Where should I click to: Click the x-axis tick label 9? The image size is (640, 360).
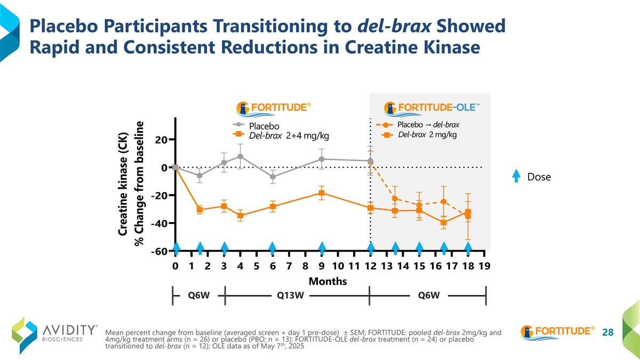point(322,265)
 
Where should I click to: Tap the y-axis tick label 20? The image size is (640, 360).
point(162,140)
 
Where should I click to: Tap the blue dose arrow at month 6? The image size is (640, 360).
point(273,247)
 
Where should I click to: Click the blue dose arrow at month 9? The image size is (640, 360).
point(322,247)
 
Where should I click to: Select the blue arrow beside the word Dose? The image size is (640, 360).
point(516,176)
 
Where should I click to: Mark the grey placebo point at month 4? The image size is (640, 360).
point(241,157)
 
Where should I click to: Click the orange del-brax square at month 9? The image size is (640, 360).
point(322,193)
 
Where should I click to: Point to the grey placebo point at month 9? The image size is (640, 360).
point(322,159)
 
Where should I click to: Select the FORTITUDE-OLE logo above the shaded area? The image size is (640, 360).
point(432,107)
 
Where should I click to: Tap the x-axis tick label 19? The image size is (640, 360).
point(484,265)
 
